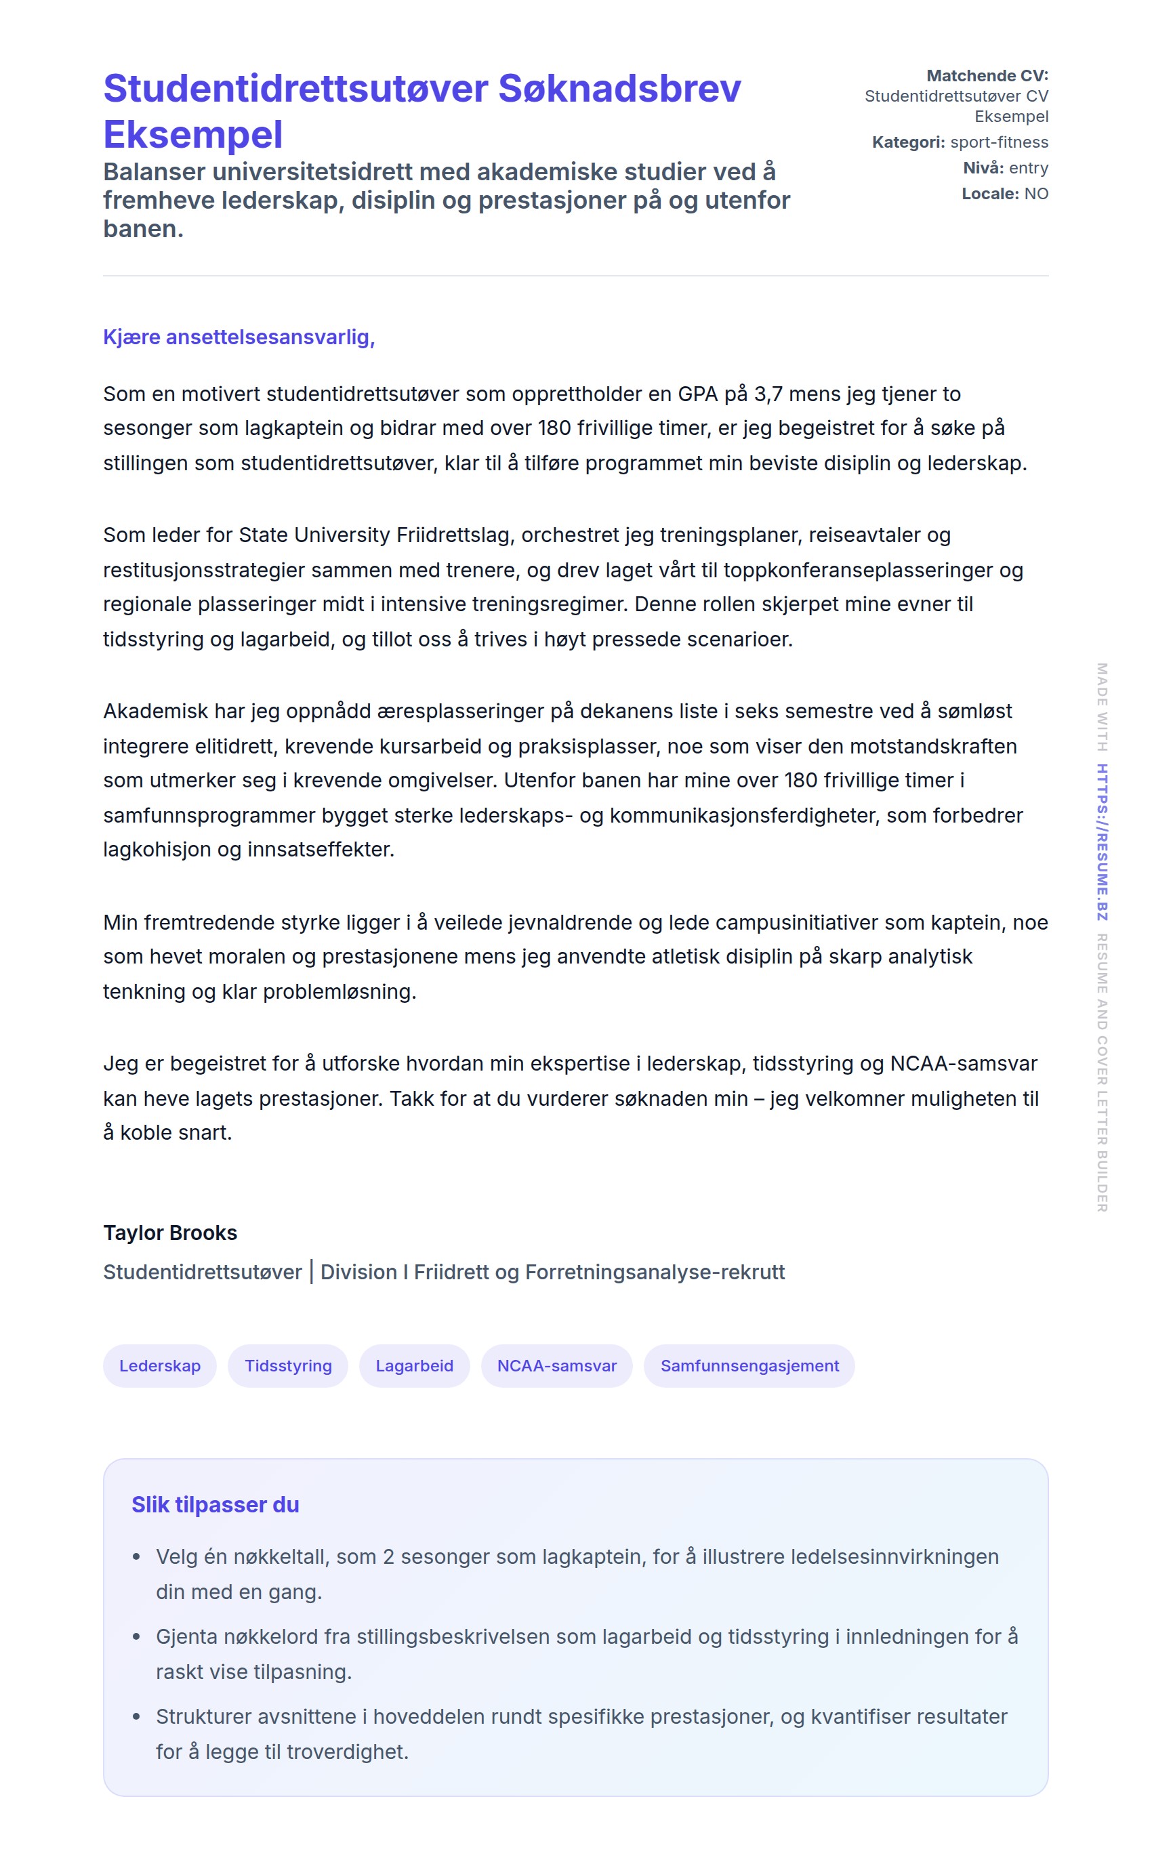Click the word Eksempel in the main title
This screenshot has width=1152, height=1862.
coord(192,135)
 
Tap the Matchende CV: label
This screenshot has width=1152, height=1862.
coord(987,75)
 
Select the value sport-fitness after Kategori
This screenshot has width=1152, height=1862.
coord(999,142)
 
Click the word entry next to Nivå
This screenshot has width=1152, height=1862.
coord(1029,168)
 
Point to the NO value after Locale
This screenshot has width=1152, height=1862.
coord(1036,194)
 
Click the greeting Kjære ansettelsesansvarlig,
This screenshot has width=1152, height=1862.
coord(239,337)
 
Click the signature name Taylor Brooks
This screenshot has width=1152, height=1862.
coord(170,1233)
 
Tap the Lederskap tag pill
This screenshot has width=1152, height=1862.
coord(160,1366)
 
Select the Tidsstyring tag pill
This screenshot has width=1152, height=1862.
coord(288,1366)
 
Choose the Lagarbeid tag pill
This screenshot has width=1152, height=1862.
coord(415,1366)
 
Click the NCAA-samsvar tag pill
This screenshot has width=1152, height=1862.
coord(557,1366)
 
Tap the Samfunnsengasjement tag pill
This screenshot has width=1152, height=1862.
coord(749,1366)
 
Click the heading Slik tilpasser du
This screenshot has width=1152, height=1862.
coord(215,1505)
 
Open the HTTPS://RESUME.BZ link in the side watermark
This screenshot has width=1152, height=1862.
coord(1102,842)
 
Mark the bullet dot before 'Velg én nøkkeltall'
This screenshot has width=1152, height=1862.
coord(136,1556)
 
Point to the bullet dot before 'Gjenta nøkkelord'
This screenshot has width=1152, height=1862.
coord(136,1636)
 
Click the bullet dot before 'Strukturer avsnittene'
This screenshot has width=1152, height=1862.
coord(136,1716)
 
